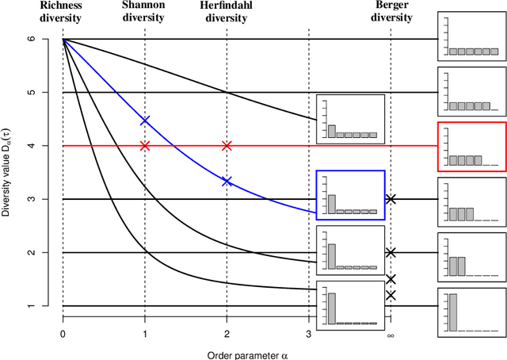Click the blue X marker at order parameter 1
(144, 121)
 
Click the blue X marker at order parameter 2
(227, 182)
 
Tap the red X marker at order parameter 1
(144, 146)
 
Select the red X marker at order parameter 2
(227, 146)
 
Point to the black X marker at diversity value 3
(390, 199)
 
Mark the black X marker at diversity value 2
(390, 252)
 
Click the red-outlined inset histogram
(471, 147)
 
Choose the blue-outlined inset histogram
(350, 194)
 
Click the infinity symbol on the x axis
(390, 335)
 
